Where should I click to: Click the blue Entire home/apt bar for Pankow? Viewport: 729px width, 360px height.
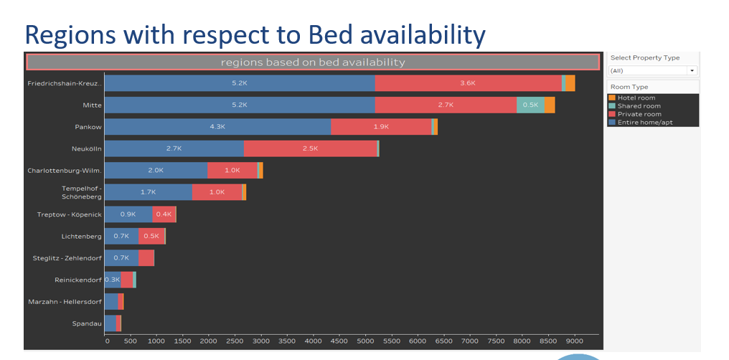(217, 127)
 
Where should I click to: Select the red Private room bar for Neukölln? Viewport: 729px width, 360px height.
(310, 148)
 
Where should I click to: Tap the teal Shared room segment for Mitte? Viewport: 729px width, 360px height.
(530, 105)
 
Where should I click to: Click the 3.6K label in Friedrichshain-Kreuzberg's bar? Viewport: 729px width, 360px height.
(468, 83)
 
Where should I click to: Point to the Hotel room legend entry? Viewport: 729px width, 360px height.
(636, 98)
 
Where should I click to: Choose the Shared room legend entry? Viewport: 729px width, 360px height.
(639, 106)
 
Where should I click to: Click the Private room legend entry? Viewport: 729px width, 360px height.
(639, 114)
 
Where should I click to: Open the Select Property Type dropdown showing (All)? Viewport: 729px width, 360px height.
(652, 70)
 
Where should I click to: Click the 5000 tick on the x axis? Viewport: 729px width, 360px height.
(365, 341)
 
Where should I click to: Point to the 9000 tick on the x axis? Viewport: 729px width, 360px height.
(574, 341)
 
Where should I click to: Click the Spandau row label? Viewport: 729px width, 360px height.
(87, 323)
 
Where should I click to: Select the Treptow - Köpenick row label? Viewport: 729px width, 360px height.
(70, 214)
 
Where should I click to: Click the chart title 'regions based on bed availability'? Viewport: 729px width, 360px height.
(313, 62)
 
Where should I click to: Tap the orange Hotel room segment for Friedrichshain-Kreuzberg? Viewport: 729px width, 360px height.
(570, 83)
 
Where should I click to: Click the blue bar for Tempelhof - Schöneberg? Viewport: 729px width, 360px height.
(148, 192)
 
